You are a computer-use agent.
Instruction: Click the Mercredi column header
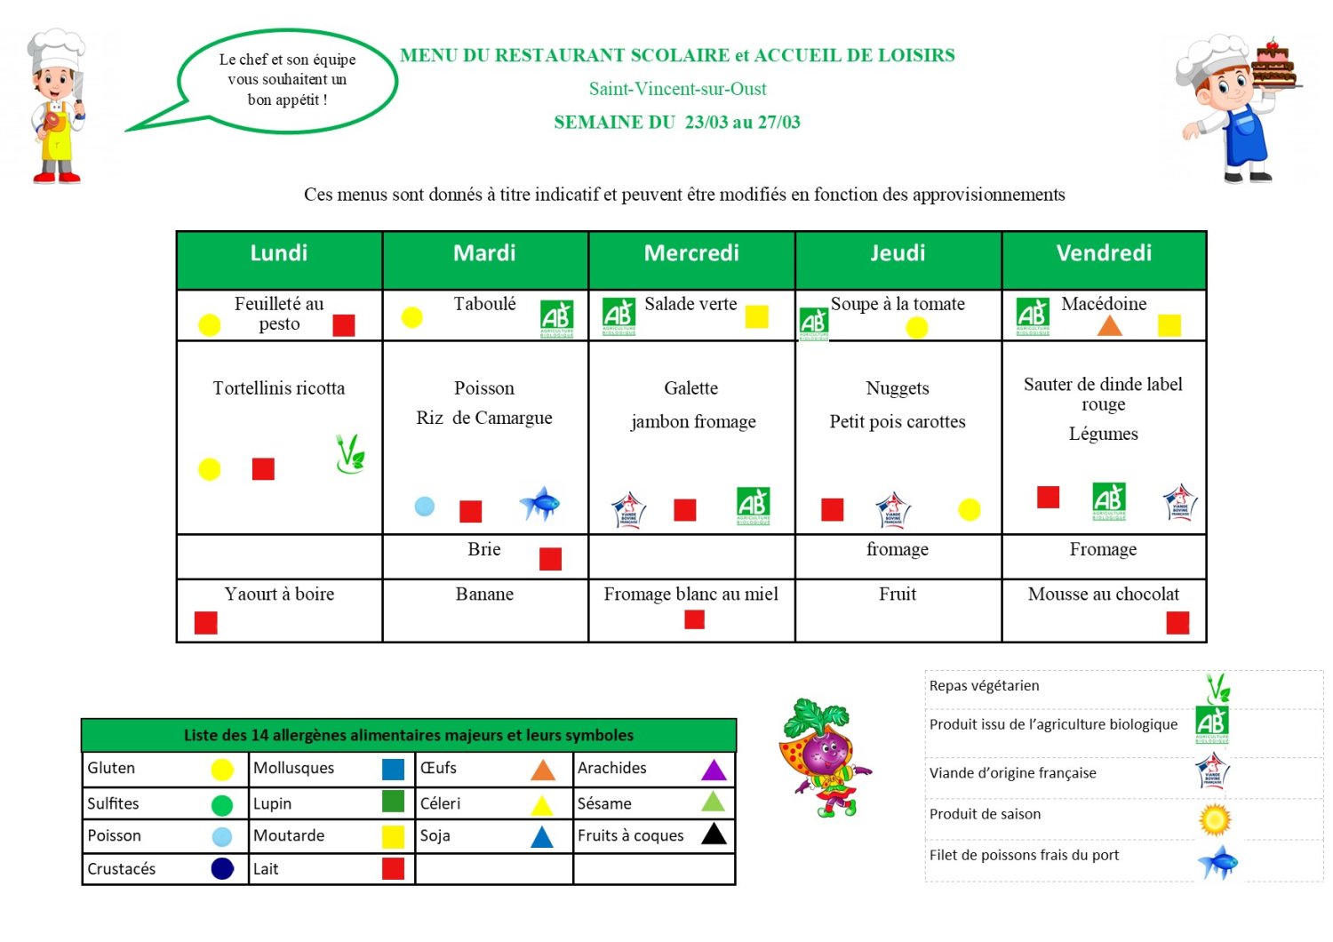691,253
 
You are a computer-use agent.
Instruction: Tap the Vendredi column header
1104,253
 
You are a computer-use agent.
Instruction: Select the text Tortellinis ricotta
278,388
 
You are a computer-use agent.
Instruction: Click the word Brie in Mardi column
484,549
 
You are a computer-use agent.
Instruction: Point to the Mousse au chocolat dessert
1103,595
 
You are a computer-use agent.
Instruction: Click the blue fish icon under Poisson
539,504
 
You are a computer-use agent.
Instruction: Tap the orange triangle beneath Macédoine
1109,325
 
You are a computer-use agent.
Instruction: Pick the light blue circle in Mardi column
425,507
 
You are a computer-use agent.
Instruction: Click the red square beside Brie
550,559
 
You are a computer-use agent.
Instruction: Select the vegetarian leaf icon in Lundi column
350,453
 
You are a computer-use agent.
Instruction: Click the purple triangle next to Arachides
714,770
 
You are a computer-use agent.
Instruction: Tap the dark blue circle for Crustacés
222,869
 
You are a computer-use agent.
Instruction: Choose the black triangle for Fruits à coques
714,834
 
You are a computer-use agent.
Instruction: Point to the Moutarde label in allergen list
289,835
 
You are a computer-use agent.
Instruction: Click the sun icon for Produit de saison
1215,819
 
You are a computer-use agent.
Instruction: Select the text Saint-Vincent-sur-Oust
677,89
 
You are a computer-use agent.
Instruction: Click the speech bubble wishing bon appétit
287,80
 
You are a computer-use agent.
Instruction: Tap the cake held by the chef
1274,67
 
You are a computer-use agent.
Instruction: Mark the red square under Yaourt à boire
206,623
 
